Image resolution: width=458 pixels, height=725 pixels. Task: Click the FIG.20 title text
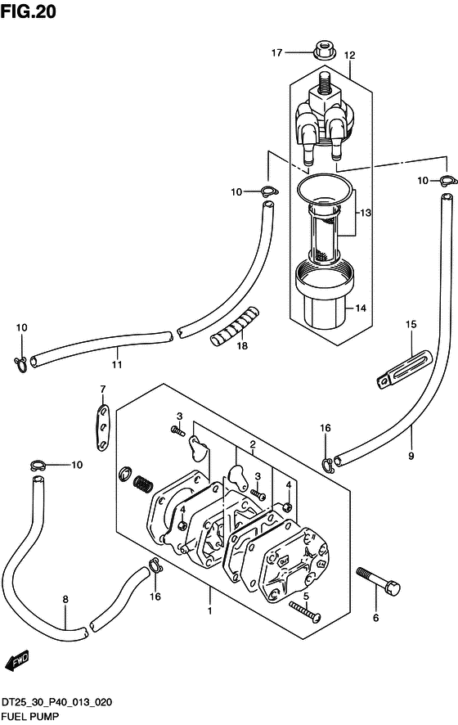[28, 11]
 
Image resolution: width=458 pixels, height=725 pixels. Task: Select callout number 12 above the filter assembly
[349, 56]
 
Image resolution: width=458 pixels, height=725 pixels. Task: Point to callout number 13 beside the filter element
[366, 213]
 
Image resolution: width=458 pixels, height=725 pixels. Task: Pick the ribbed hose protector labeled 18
[235, 326]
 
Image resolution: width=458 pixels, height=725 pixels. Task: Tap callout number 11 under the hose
[117, 364]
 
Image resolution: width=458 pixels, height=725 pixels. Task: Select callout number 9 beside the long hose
[411, 456]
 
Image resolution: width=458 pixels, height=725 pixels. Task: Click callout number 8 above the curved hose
[65, 599]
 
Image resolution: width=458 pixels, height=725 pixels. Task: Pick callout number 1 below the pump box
[209, 610]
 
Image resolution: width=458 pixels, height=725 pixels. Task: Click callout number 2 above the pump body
[253, 445]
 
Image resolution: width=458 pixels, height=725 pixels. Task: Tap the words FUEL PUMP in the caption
[30, 716]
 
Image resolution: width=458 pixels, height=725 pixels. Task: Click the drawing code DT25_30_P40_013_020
[56, 702]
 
